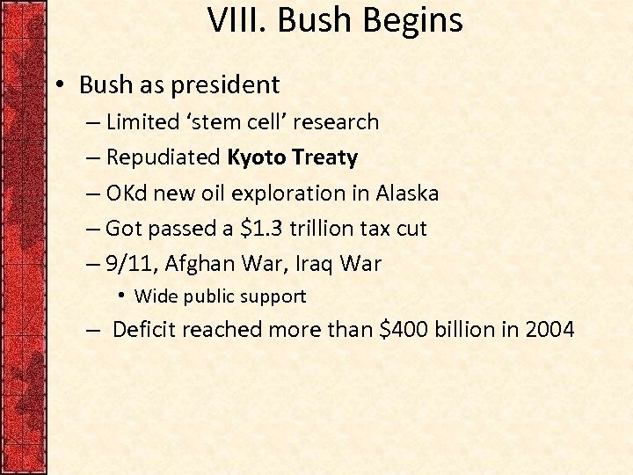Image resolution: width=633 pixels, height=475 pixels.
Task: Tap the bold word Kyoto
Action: (257, 158)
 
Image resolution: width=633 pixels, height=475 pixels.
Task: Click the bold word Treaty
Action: (324, 158)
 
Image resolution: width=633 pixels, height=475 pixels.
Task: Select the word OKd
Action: (125, 194)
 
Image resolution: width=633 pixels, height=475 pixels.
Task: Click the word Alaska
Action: (407, 194)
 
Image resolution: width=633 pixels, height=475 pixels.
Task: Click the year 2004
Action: (549, 330)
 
